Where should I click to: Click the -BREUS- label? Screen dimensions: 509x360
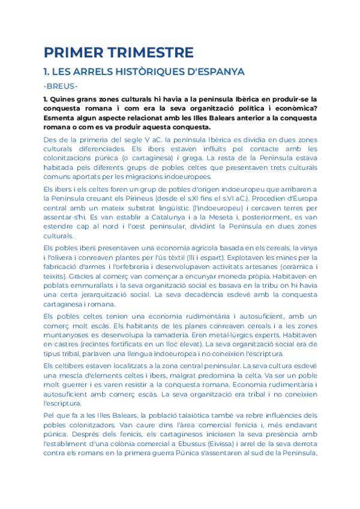(x=61, y=86)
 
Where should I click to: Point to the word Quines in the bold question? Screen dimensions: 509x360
(x=66, y=98)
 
